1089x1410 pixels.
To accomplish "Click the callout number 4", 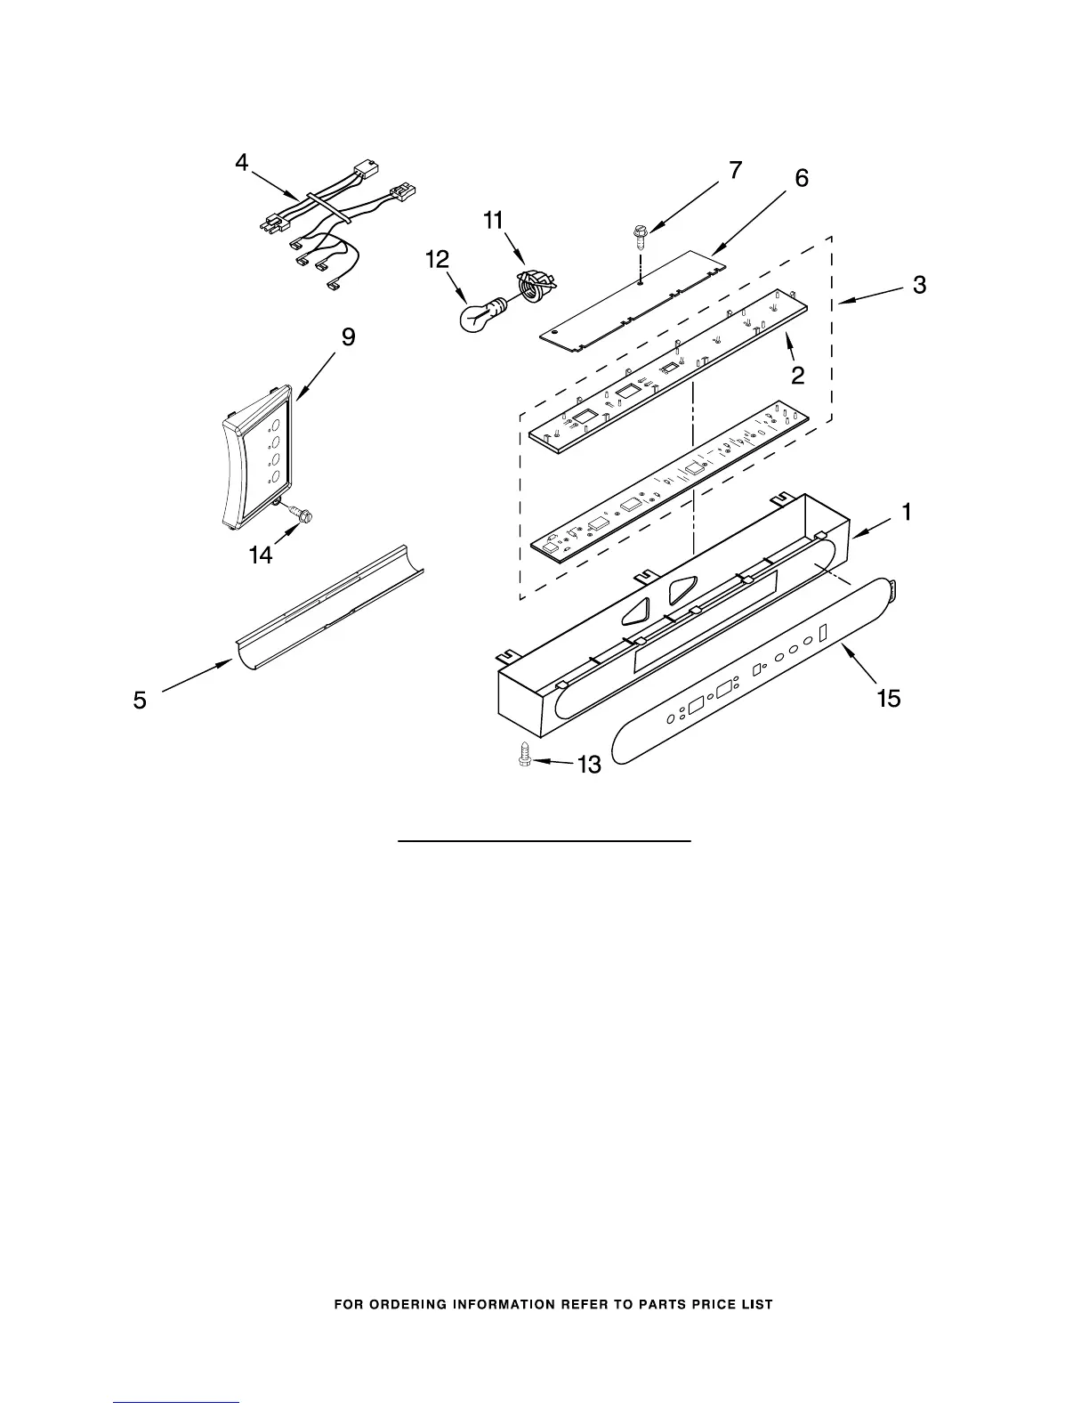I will click(242, 163).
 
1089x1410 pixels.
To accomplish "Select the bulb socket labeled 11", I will click(532, 286).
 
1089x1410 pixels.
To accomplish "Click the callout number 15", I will click(888, 699).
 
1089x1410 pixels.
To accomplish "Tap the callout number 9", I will click(349, 336).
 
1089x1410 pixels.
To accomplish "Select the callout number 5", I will click(141, 700).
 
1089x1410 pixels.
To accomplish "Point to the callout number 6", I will click(802, 178).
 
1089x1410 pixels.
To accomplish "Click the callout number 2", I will click(798, 376).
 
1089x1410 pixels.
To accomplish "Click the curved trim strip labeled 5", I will click(329, 605).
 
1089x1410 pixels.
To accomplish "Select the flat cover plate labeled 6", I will click(632, 294).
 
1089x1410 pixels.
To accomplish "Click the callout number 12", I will click(438, 260).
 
